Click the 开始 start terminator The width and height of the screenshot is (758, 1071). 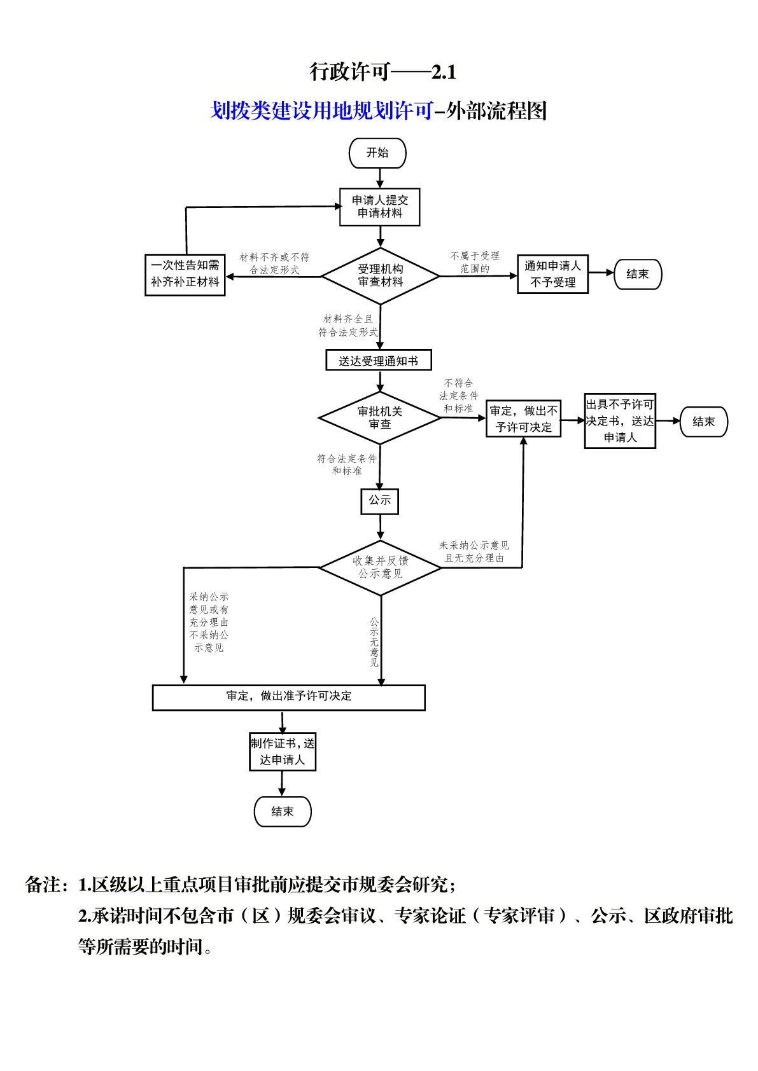tap(377, 153)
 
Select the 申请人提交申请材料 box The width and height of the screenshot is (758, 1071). tap(379, 207)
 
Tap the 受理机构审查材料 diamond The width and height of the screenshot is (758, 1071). tap(381, 276)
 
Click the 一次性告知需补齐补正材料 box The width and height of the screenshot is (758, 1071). tap(185, 275)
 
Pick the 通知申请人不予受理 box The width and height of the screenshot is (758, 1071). tap(552, 274)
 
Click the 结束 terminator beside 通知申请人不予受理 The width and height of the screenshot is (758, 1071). tap(638, 275)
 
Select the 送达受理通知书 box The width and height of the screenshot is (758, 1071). tap(379, 360)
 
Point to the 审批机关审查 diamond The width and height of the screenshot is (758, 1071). tap(380, 418)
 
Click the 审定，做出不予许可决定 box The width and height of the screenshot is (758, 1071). tap(524, 418)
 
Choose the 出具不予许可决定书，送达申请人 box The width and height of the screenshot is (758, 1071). tap(620, 421)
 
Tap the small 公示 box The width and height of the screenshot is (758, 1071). tap(379, 501)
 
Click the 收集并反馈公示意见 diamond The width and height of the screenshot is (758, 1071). tap(381, 567)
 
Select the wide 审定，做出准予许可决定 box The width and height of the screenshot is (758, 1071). tap(288, 698)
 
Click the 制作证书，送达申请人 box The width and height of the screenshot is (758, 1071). tap(283, 752)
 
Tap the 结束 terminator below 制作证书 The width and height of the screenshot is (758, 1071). tap(283, 812)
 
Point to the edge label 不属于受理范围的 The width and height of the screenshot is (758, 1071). tap(475, 263)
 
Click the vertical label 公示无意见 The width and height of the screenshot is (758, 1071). tap(374, 642)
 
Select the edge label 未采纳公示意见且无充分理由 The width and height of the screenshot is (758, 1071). tap(474, 551)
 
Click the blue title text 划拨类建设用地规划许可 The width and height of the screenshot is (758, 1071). tap(321, 111)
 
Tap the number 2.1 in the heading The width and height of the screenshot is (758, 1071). tap(444, 73)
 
